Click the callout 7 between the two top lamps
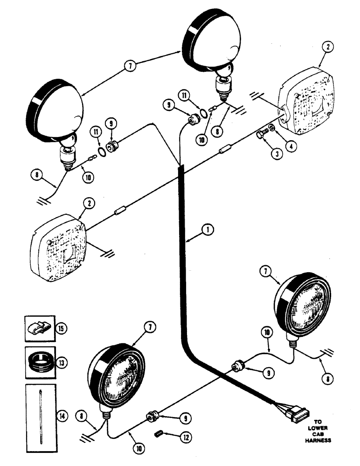(x=131, y=66)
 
